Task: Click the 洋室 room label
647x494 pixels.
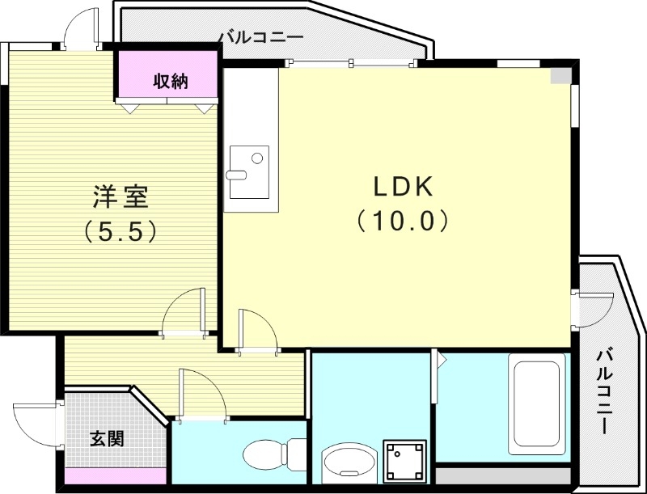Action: point(121,196)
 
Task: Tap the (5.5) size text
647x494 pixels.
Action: point(121,233)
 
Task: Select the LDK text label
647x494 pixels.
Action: point(404,187)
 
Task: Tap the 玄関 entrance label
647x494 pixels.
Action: point(106,439)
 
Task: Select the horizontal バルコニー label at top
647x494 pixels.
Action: point(260,37)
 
